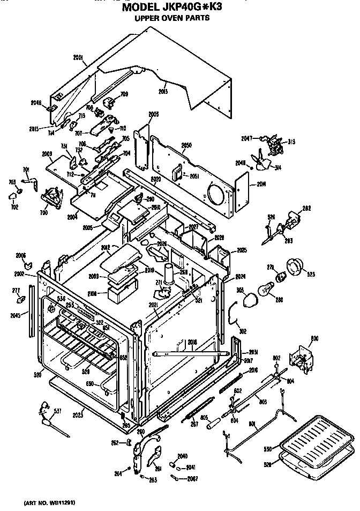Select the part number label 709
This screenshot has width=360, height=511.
tap(124, 95)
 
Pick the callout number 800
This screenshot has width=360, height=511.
tap(314, 338)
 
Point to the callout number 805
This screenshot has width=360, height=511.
tap(204, 418)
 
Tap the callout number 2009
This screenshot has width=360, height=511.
tap(46, 154)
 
